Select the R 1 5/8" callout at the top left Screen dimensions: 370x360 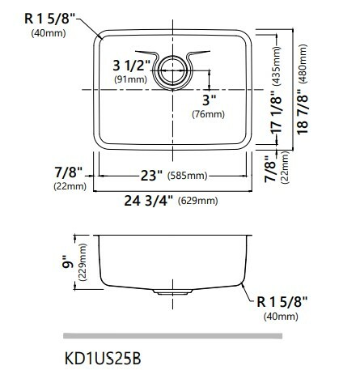[x=53, y=18]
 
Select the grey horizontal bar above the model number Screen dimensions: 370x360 [x=172, y=335]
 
